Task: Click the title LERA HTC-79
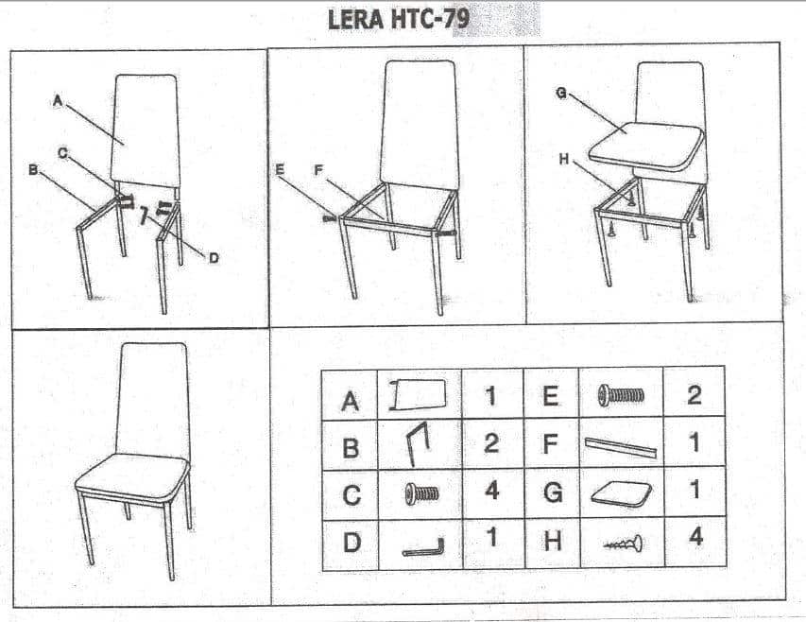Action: click(x=399, y=20)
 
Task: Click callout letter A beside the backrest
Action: click(x=58, y=101)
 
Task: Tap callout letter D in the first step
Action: click(x=214, y=257)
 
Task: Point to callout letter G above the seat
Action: click(x=561, y=93)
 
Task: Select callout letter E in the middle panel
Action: click(x=280, y=169)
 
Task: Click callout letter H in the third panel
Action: click(x=564, y=160)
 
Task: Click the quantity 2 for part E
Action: click(x=694, y=394)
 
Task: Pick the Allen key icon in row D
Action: click(x=423, y=548)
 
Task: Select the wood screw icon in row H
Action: click(x=624, y=543)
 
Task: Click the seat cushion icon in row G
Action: click(x=622, y=493)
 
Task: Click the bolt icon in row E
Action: click(x=621, y=395)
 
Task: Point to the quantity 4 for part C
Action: click(x=492, y=491)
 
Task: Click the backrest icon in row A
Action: click(x=418, y=395)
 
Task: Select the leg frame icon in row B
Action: click(x=418, y=443)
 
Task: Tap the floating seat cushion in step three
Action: click(x=646, y=146)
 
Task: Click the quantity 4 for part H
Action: click(x=695, y=537)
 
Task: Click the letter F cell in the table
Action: click(x=551, y=444)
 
